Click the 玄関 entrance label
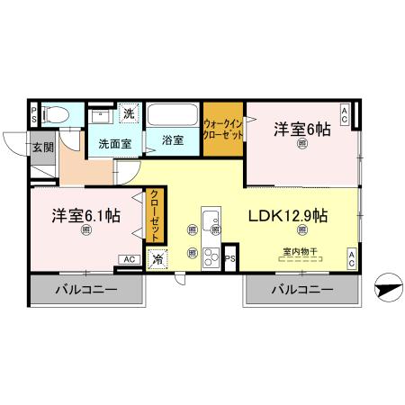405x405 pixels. click(x=44, y=148)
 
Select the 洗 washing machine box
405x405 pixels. click(x=129, y=114)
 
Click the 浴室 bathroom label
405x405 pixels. click(x=174, y=141)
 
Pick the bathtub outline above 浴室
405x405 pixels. click(x=174, y=116)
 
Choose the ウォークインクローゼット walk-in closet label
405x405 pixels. click(x=221, y=128)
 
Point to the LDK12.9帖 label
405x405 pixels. click(x=287, y=216)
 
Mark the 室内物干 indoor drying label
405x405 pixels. click(x=300, y=252)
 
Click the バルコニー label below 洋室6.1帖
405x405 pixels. click(x=87, y=291)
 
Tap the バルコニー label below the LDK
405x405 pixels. click(x=301, y=291)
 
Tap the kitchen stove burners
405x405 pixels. click(x=211, y=256)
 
